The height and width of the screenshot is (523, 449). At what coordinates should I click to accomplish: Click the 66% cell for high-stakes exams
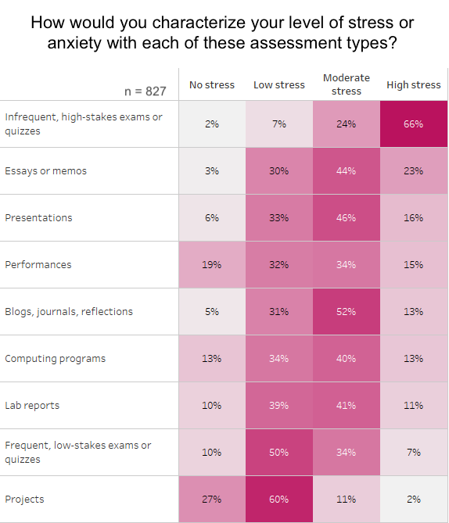click(x=414, y=124)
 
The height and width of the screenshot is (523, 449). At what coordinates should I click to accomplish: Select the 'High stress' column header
click(x=414, y=84)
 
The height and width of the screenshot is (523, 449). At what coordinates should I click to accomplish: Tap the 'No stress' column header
click(x=212, y=84)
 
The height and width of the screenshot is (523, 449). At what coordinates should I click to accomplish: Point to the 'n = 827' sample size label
click(x=145, y=91)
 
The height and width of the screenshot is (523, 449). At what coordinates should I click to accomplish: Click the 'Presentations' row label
click(x=38, y=218)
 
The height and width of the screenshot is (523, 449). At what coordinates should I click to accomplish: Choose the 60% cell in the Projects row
click(x=279, y=500)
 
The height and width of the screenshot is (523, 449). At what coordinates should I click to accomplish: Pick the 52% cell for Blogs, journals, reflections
click(x=347, y=312)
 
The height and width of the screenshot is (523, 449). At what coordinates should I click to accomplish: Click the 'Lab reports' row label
click(x=32, y=406)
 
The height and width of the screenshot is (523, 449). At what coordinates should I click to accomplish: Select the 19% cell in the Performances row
click(x=212, y=265)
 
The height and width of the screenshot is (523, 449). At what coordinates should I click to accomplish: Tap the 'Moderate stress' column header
click(x=347, y=84)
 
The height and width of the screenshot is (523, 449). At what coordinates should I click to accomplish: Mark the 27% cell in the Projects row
click(x=212, y=500)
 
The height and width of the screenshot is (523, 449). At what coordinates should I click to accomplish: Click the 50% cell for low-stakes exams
click(x=279, y=453)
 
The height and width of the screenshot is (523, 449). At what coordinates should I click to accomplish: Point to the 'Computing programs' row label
click(x=55, y=359)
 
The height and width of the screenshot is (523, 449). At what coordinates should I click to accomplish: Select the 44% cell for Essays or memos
click(x=347, y=171)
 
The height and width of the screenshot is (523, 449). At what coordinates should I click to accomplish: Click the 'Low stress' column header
click(x=279, y=84)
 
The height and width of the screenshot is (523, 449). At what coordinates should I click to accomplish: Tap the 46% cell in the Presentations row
click(x=347, y=218)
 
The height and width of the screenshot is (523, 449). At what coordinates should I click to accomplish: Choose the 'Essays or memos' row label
click(x=45, y=171)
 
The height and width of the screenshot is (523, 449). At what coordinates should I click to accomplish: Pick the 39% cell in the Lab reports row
click(x=279, y=406)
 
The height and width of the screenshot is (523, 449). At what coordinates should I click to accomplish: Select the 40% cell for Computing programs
click(x=347, y=359)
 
